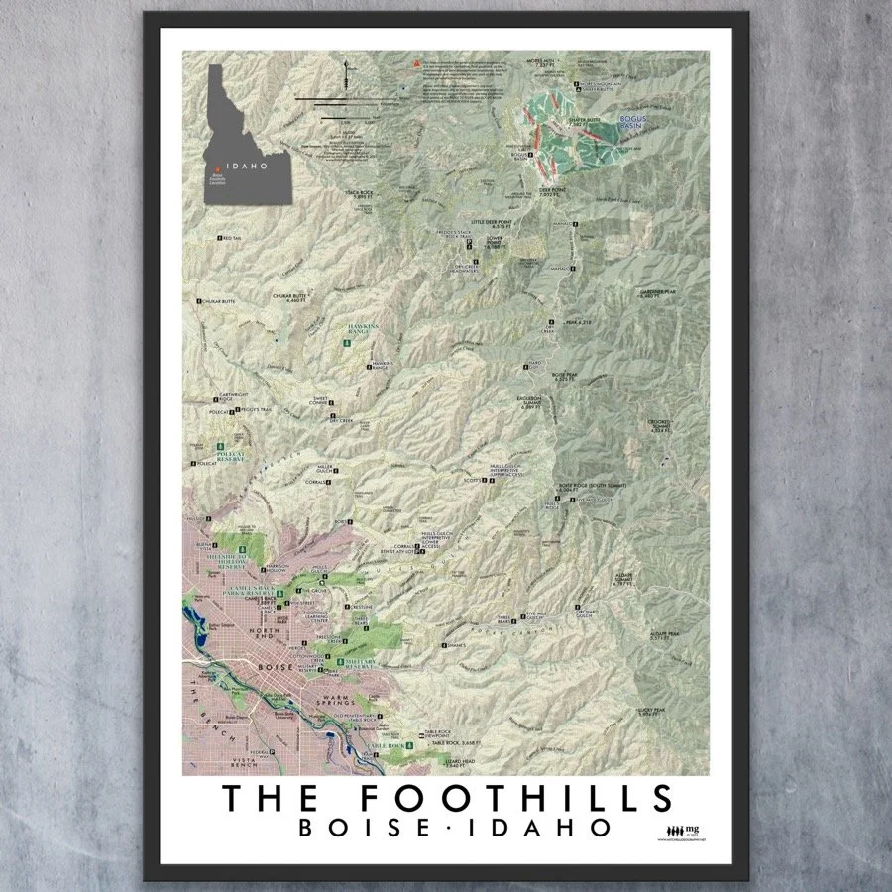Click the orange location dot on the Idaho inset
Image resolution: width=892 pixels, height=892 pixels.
212,170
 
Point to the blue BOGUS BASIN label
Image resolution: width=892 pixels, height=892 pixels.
631,123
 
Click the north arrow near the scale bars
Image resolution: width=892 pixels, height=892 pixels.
345,73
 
